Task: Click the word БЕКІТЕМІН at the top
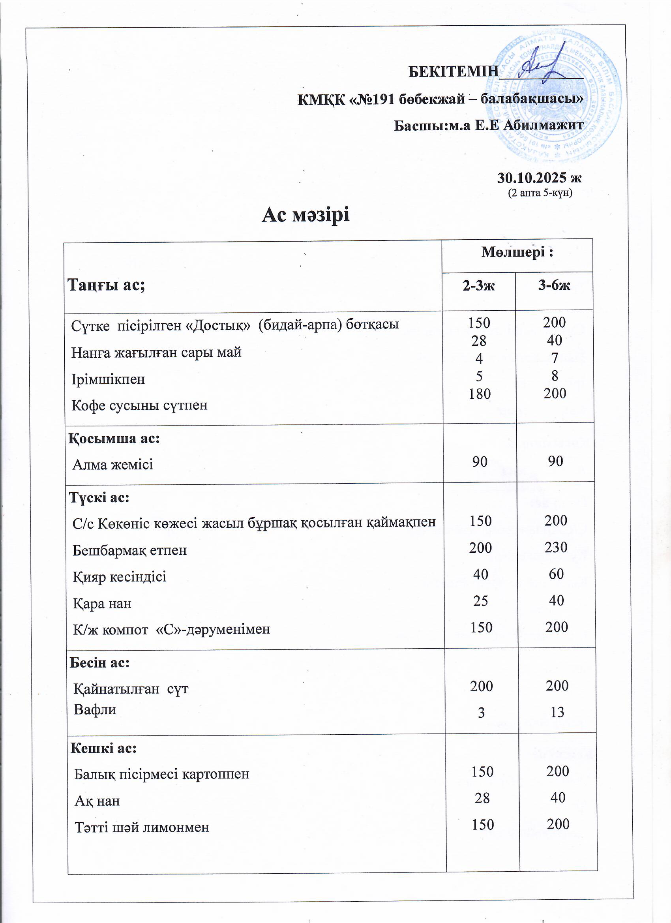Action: (453, 71)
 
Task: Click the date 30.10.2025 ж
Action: (539, 178)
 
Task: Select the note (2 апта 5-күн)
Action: (540, 193)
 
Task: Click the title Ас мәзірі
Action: (305, 214)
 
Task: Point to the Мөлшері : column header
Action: (517, 252)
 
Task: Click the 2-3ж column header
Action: (478, 286)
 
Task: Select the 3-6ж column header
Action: (554, 285)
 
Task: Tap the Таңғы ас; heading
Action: (107, 285)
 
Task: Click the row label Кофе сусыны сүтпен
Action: (140, 405)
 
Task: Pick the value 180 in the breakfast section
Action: (479, 394)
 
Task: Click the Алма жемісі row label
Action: (113, 464)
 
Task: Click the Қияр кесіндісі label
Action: (120, 577)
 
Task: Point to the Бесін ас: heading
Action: (100, 662)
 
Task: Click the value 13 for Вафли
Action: (557, 712)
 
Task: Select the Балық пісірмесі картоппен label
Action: (161, 774)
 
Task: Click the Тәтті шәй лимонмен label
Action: (142, 827)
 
